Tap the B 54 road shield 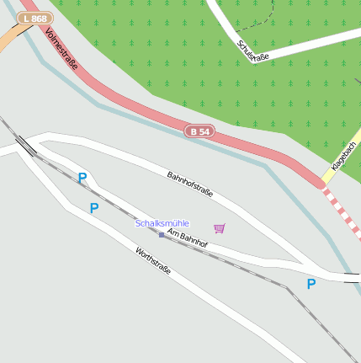199,131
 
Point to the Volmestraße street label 62,56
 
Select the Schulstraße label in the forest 252,51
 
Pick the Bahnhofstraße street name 190,184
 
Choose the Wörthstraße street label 153,260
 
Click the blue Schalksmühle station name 162,223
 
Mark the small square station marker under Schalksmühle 162,234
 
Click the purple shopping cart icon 220,228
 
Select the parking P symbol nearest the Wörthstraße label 94,208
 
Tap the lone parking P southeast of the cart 311,285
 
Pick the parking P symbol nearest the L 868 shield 82,179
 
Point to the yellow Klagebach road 337,164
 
